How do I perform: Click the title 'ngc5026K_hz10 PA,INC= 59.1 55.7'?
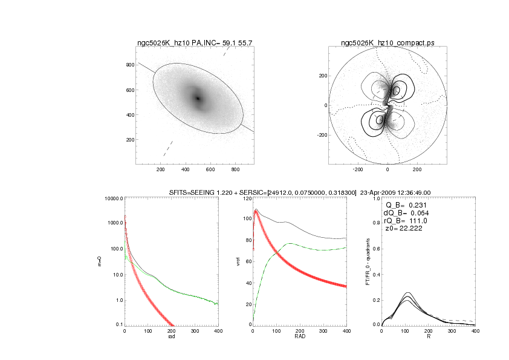195,43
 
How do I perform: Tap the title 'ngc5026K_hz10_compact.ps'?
387,43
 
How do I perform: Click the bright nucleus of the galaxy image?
197,98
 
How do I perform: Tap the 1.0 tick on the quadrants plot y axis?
375,198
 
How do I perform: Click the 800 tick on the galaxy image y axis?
129,65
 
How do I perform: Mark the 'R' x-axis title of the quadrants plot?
428,336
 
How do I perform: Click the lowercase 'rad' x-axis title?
171,336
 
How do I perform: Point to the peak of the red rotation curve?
256,211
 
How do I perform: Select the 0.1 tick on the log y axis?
118,325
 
